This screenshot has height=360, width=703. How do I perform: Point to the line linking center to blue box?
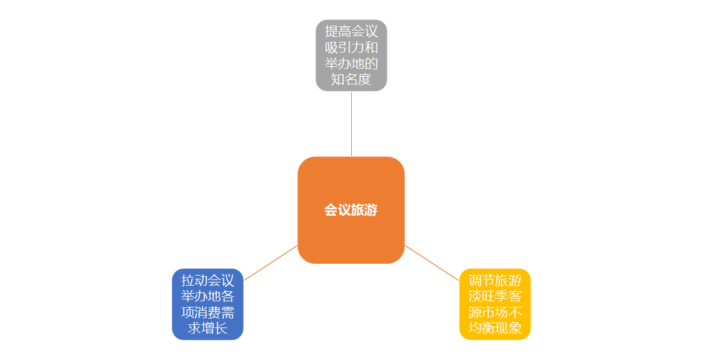coord(270,262)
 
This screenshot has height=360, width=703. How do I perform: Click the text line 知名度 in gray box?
coord(351,79)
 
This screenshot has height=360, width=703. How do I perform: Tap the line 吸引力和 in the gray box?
coord(351,47)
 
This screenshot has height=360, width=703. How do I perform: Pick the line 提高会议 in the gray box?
coord(351,31)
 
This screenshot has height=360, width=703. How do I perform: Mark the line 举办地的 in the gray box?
coord(351,64)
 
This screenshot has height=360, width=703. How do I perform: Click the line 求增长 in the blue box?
coord(207,328)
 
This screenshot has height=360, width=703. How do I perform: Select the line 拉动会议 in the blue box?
coord(207,280)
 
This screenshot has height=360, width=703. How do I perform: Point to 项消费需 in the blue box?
coord(207,312)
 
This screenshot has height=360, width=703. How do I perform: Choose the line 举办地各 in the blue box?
coord(207,296)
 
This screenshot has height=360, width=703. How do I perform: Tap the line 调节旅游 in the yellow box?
coord(495,280)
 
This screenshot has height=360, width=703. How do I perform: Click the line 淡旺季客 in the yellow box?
coord(495,296)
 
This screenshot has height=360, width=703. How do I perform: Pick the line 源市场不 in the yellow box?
coord(495,312)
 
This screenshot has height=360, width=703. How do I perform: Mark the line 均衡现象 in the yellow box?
coord(495,328)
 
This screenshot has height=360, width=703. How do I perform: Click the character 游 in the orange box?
coord(371,210)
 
